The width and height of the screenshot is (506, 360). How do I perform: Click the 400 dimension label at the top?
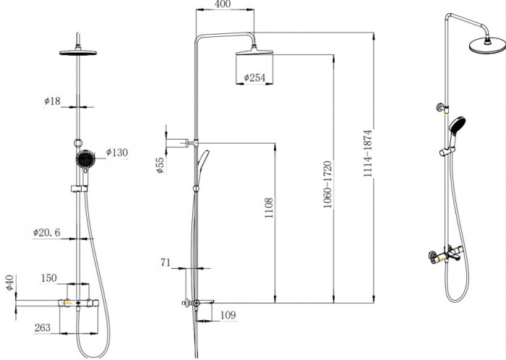coord(223,4)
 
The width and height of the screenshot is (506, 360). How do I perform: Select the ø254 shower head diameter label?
coord(254,77)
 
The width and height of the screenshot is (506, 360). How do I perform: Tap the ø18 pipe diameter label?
coord(52,101)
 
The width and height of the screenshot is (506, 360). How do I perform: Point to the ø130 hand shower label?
coord(117,153)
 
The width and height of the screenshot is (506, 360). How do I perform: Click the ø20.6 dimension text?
coord(46,232)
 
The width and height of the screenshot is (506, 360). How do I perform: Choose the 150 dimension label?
coord(48,278)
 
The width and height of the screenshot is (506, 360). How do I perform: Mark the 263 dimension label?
coord(42,327)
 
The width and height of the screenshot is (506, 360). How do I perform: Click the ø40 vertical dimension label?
coord(10,283)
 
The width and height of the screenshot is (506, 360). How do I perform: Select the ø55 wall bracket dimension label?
coord(160,165)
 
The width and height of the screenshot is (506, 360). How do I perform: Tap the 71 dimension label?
coord(166,262)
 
